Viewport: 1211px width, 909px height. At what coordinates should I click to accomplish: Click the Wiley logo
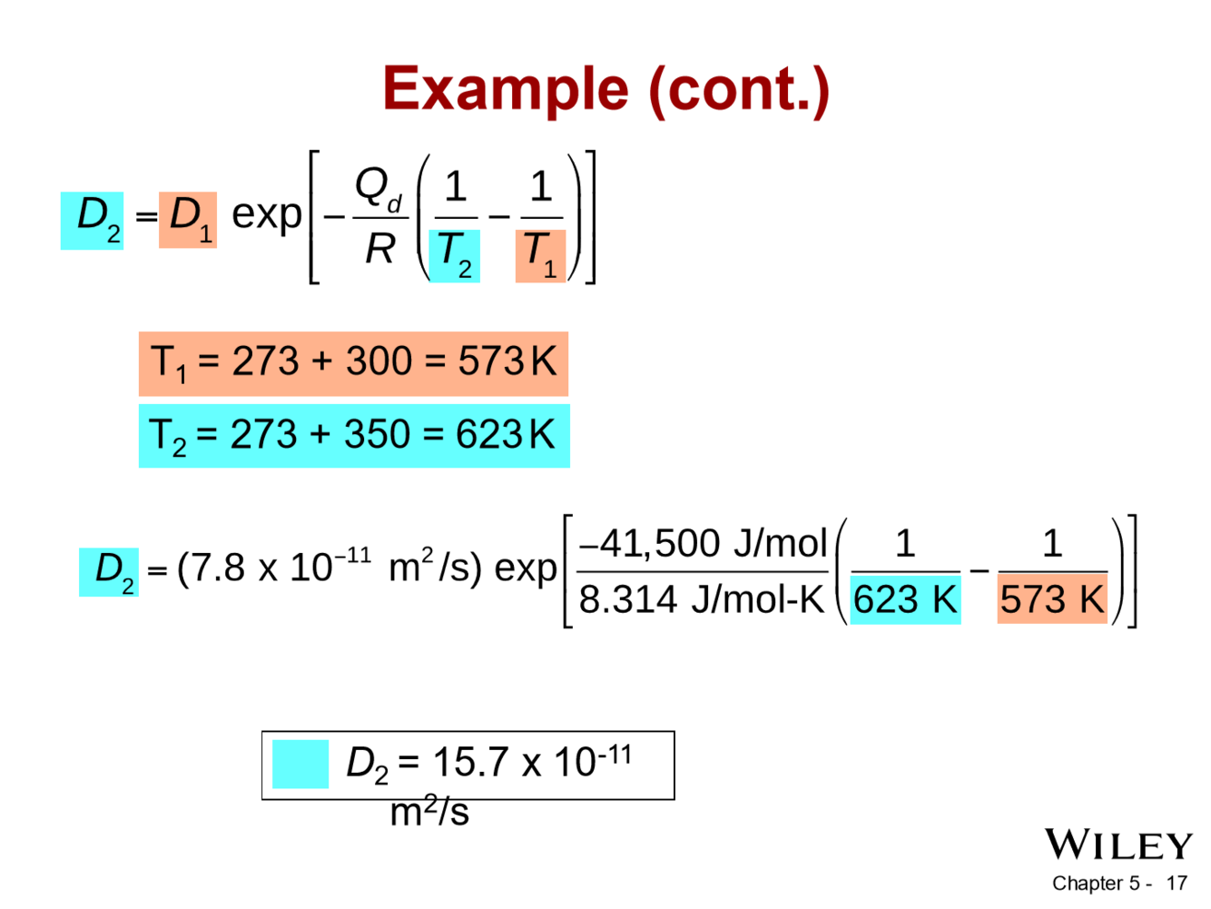(1117, 845)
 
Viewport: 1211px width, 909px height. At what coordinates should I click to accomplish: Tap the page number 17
(1177, 883)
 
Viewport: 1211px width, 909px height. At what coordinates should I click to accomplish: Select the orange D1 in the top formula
(188, 219)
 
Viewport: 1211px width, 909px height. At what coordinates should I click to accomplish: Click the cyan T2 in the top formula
(454, 254)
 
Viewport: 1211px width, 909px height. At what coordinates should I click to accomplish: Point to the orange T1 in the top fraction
(540, 254)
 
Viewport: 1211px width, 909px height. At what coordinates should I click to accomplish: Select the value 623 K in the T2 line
(505, 435)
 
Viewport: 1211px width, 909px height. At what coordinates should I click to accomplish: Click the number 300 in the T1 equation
(379, 361)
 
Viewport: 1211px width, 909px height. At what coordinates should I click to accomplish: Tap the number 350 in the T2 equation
(378, 435)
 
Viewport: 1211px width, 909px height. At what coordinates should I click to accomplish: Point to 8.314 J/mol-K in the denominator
(701, 599)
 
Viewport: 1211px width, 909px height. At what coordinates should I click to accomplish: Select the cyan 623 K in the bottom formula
(905, 599)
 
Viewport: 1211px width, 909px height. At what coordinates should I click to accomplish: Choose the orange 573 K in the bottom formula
(1052, 599)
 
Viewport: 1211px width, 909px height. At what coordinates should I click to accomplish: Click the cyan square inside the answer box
(300, 764)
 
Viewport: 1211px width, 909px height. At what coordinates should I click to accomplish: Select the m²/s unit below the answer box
(429, 811)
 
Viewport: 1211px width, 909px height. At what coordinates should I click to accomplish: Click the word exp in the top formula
(267, 215)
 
